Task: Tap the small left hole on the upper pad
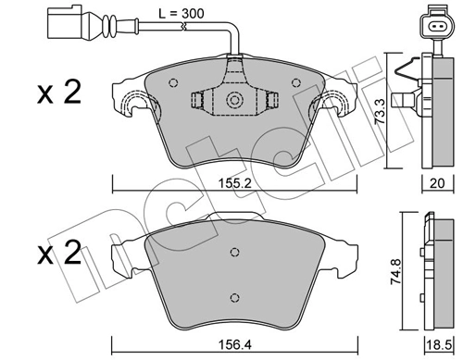[172, 82]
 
